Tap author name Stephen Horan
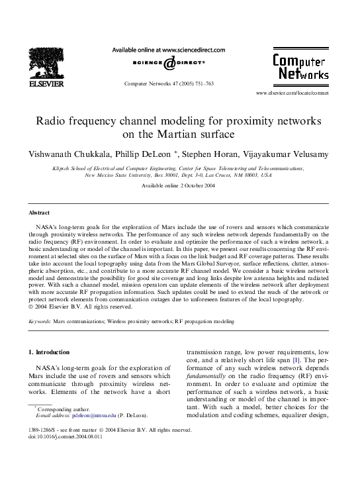[x=246, y=154]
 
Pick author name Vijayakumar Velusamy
[x=306, y=154]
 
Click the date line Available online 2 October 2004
[x=179, y=186]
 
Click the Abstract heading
[x=40, y=213]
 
